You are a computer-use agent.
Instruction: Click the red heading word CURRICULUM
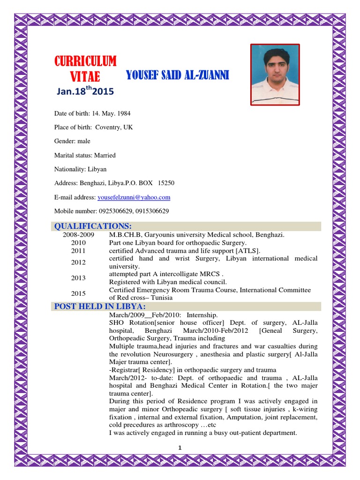pos(85,61)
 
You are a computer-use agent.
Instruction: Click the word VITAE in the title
pos(85,76)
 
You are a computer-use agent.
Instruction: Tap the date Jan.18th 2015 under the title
pos(85,91)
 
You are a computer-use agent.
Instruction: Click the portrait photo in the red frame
pos(275,75)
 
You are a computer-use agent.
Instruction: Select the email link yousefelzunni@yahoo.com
pos(134,197)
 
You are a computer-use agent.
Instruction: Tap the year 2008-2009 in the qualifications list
pos(79,235)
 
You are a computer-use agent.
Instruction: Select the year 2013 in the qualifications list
pos(78,278)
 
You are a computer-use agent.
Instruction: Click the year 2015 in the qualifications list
pos(78,294)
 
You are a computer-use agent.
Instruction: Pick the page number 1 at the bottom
pos(180,448)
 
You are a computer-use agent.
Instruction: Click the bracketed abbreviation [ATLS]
pos(248,251)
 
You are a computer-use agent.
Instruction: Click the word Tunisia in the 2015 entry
pos(162,298)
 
